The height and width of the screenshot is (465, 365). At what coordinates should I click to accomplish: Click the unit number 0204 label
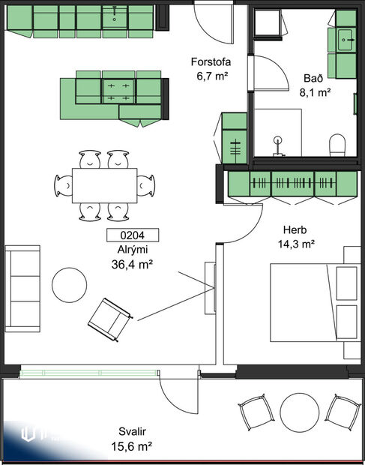tap(126, 235)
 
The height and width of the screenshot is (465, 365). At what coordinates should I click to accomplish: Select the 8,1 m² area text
tap(314, 92)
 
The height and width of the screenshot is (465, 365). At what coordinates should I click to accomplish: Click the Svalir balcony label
tap(132, 432)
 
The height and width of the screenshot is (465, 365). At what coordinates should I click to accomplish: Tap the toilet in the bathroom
tap(337, 145)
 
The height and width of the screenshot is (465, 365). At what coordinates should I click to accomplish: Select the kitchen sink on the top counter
tap(115, 13)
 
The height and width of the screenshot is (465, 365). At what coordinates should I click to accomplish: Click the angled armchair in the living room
tap(110, 318)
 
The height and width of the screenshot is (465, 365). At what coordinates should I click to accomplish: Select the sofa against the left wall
tap(22, 287)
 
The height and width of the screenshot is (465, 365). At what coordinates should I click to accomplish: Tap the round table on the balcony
tap(300, 412)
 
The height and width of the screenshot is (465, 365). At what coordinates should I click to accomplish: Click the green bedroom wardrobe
tap(292, 184)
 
